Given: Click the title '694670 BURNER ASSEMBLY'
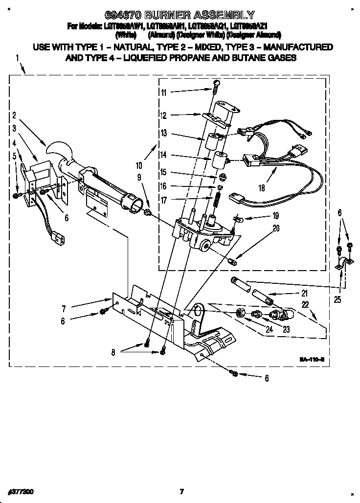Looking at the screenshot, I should tap(180, 15).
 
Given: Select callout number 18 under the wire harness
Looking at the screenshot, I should tap(263, 187).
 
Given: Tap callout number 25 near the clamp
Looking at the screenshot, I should tap(338, 299).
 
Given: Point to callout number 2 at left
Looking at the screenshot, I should tap(14, 116).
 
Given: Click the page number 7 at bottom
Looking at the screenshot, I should tap(181, 491).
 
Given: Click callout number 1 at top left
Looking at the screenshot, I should tap(18, 58).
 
